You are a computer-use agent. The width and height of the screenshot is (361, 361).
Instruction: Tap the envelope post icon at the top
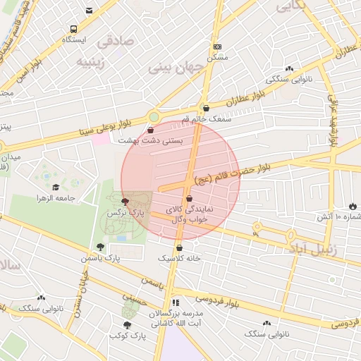pos(89,11)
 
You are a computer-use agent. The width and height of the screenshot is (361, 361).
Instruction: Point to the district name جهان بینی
pos(175,68)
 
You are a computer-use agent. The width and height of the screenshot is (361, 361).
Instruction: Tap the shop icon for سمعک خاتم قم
pos(206,109)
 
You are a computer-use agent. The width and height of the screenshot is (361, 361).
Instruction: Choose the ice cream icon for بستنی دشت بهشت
pos(151,130)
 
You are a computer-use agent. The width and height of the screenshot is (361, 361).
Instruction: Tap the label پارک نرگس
pos(126,212)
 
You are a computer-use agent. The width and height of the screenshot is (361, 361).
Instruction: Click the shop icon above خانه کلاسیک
pos(179,247)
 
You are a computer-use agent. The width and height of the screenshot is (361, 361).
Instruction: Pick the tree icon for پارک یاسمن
pos(100,247)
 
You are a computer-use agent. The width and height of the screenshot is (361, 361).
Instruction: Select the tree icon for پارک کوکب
pos(126,325)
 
